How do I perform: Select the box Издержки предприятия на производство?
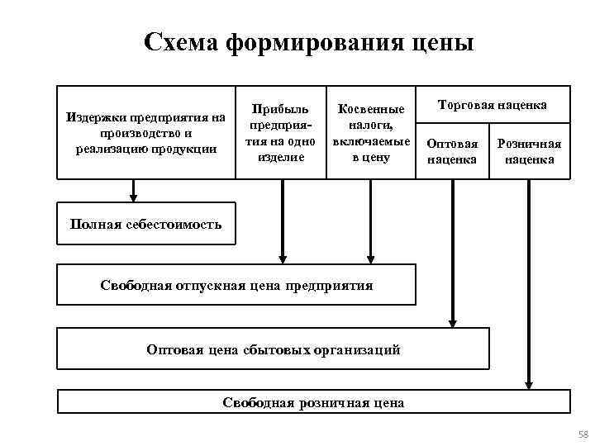145,132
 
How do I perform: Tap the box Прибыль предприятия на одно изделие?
281,132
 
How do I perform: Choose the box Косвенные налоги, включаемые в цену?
370,132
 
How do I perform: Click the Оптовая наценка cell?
452,151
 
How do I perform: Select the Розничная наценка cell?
529,151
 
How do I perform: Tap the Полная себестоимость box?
145,224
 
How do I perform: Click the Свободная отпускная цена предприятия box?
236,285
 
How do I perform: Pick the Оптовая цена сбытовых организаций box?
273,349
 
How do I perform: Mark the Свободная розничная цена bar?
313,403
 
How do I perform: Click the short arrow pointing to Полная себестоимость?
133,191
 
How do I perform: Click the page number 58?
581,434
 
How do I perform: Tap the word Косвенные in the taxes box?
370,109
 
